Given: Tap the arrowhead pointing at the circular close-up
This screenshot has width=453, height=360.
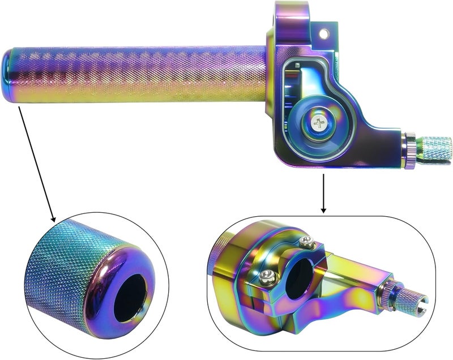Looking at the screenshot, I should coord(53,217).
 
